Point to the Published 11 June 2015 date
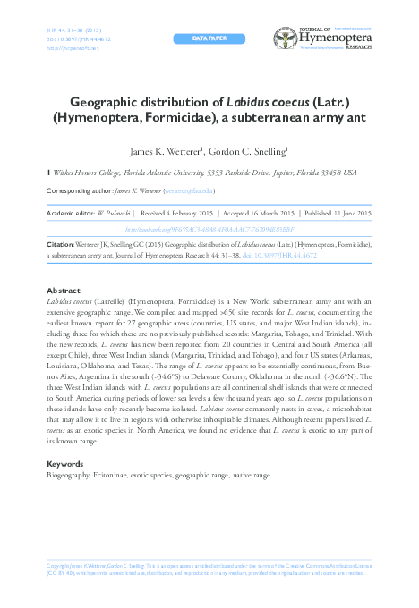point(339,214)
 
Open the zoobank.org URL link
point(209,228)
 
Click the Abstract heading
point(63,291)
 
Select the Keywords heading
point(64,465)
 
